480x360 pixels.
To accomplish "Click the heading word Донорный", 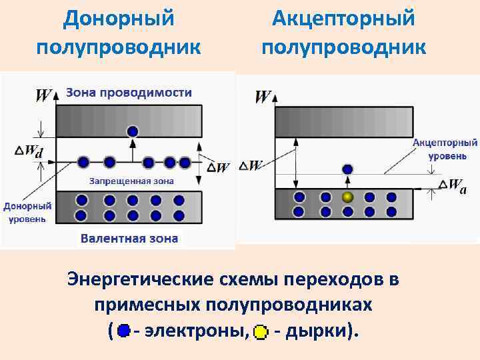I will pos(119,18).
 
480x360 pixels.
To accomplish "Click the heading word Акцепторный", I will pos(343,18).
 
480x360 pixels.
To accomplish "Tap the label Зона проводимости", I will pos(129,93).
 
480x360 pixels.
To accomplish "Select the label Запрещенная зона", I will pos(131,181).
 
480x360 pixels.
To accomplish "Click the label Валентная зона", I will pos(129,238).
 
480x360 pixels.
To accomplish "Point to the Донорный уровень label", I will pos(25,212).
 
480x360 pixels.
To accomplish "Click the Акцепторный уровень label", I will pos(445,149).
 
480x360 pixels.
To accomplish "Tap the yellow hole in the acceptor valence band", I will pos(347,197).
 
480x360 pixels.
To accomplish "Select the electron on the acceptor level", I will pos(347,169).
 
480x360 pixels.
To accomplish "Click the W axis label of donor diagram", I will pos(43,95).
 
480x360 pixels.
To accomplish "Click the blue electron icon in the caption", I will pos(123,330).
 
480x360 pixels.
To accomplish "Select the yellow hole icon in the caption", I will pos(261,331).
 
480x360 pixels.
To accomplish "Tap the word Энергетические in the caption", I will pos(145,279).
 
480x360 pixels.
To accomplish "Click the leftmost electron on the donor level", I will pos(83,162).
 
